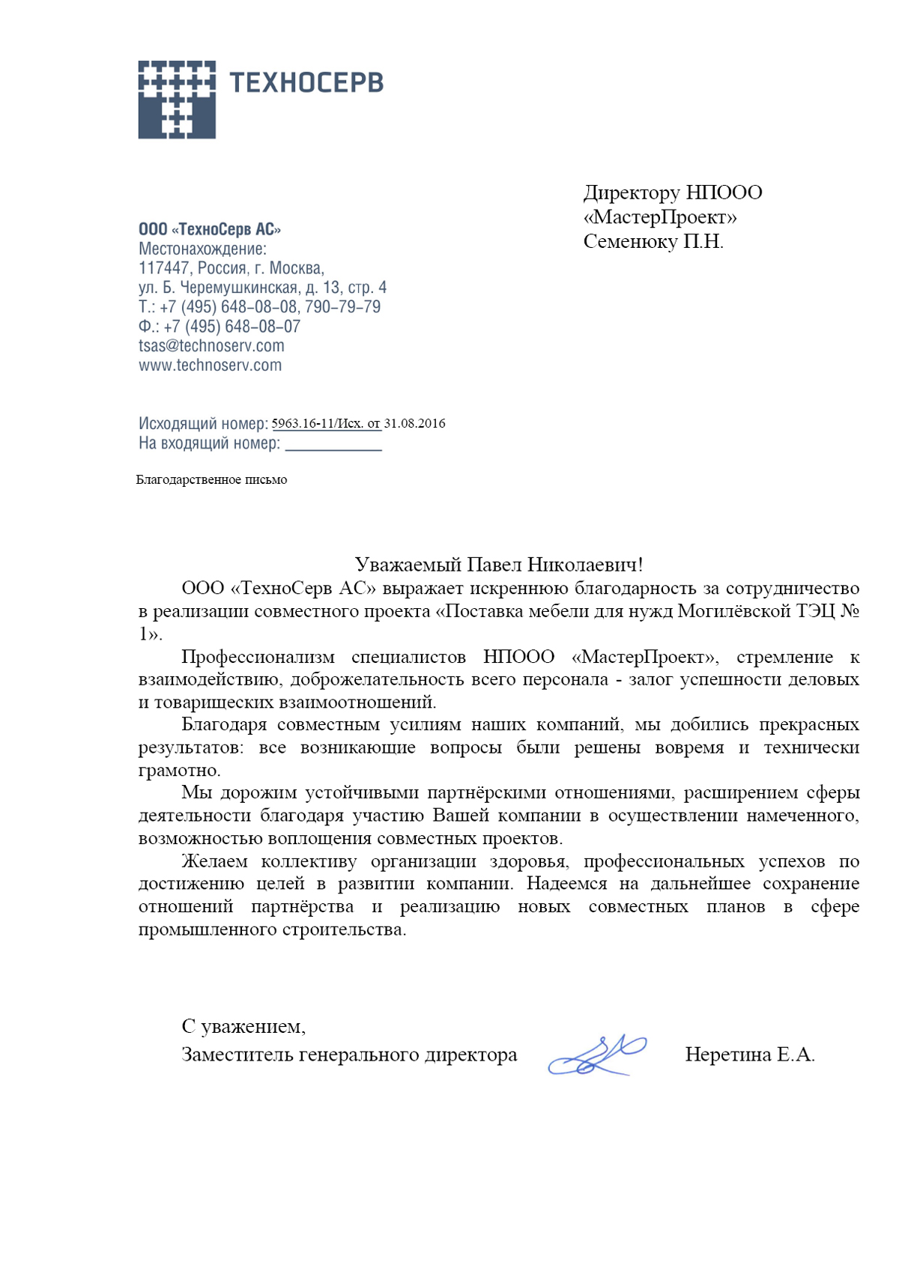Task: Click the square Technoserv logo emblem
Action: pos(177,100)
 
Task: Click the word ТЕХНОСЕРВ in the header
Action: pos(306,82)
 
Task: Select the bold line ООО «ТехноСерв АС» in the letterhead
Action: pos(210,229)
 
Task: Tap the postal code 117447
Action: pos(164,268)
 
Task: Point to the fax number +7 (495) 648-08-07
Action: pos(231,327)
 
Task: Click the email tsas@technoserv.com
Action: pos(211,346)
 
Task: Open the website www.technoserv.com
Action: pos(211,365)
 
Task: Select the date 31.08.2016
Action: pos(414,424)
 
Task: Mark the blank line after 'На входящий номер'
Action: pos(333,446)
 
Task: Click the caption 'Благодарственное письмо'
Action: pos(211,479)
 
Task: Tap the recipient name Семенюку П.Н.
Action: pos(653,242)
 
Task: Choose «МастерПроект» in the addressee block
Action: pos(660,217)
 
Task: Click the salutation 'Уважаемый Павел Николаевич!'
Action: pos(499,564)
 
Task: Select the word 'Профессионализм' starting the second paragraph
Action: pos(258,657)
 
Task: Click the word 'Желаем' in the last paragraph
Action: pos(214,861)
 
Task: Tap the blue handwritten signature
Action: pos(597,1055)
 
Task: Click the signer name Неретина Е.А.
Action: pos(749,1055)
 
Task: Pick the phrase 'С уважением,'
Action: pos(243,1026)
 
